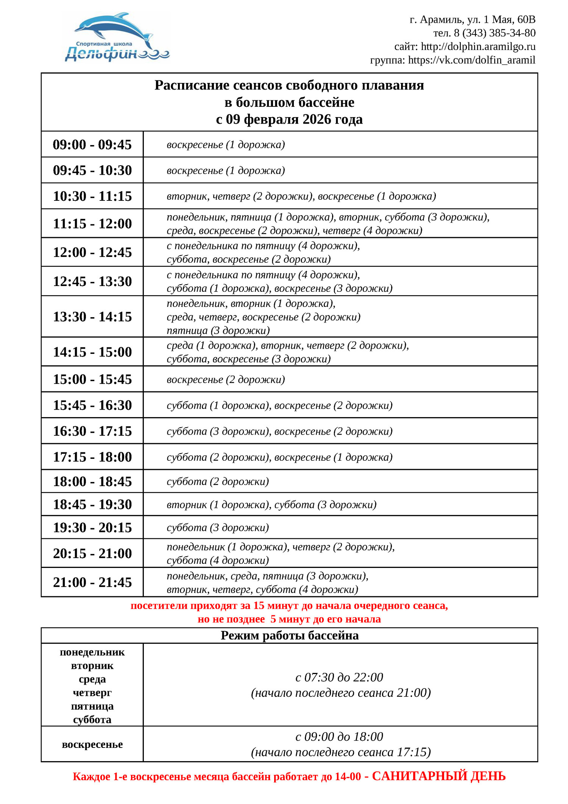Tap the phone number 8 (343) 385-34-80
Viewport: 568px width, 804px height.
tap(495, 33)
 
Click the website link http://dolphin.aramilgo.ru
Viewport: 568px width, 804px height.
tap(478, 47)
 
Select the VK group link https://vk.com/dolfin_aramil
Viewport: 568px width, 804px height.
tap(471, 60)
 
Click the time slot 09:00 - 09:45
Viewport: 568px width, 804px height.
tap(92, 145)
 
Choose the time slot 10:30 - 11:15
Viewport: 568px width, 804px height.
tap(92, 196)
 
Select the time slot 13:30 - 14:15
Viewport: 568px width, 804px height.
tap(92, 317)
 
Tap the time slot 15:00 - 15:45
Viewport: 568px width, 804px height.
tap(92, 379)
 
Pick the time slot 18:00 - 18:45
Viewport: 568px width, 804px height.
tap(92, 482)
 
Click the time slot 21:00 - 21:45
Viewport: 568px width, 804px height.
tap(92, 582)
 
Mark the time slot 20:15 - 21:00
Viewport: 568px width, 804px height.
tap(92, 554)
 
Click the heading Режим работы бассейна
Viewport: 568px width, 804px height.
tap(289, 635)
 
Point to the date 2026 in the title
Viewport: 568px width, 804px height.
tap(317, 119)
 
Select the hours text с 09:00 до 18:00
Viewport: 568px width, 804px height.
tap(339, 737)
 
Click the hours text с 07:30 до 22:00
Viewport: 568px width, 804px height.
tap(339, 677)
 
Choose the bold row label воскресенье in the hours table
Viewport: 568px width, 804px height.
tap(92, 745)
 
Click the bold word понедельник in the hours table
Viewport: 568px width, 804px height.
tap(92, 652)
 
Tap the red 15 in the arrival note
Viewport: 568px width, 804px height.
tap(259, 606)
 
